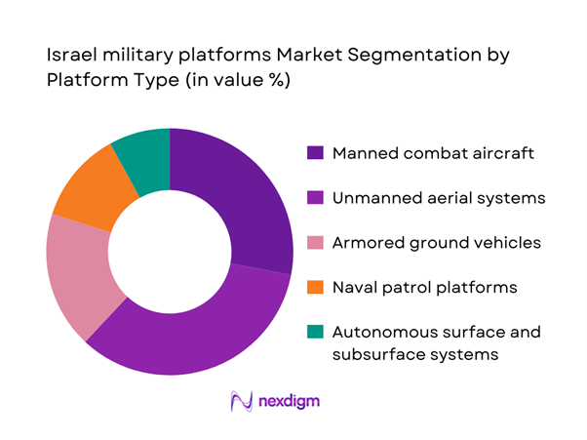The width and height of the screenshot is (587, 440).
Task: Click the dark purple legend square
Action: click(316, 153)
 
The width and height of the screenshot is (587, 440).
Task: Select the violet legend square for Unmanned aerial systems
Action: click(316, 198)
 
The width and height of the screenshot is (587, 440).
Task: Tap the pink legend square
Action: click(316, 243)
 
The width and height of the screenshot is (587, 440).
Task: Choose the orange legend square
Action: click(316, 288)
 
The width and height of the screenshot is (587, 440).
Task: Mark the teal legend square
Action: click(316, 333)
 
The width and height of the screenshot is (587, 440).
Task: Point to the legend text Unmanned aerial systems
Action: click(437, 198)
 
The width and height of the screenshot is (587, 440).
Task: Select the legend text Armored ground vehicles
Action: click(437, 243)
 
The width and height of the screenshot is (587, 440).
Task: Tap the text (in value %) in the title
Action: click(227, 81)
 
